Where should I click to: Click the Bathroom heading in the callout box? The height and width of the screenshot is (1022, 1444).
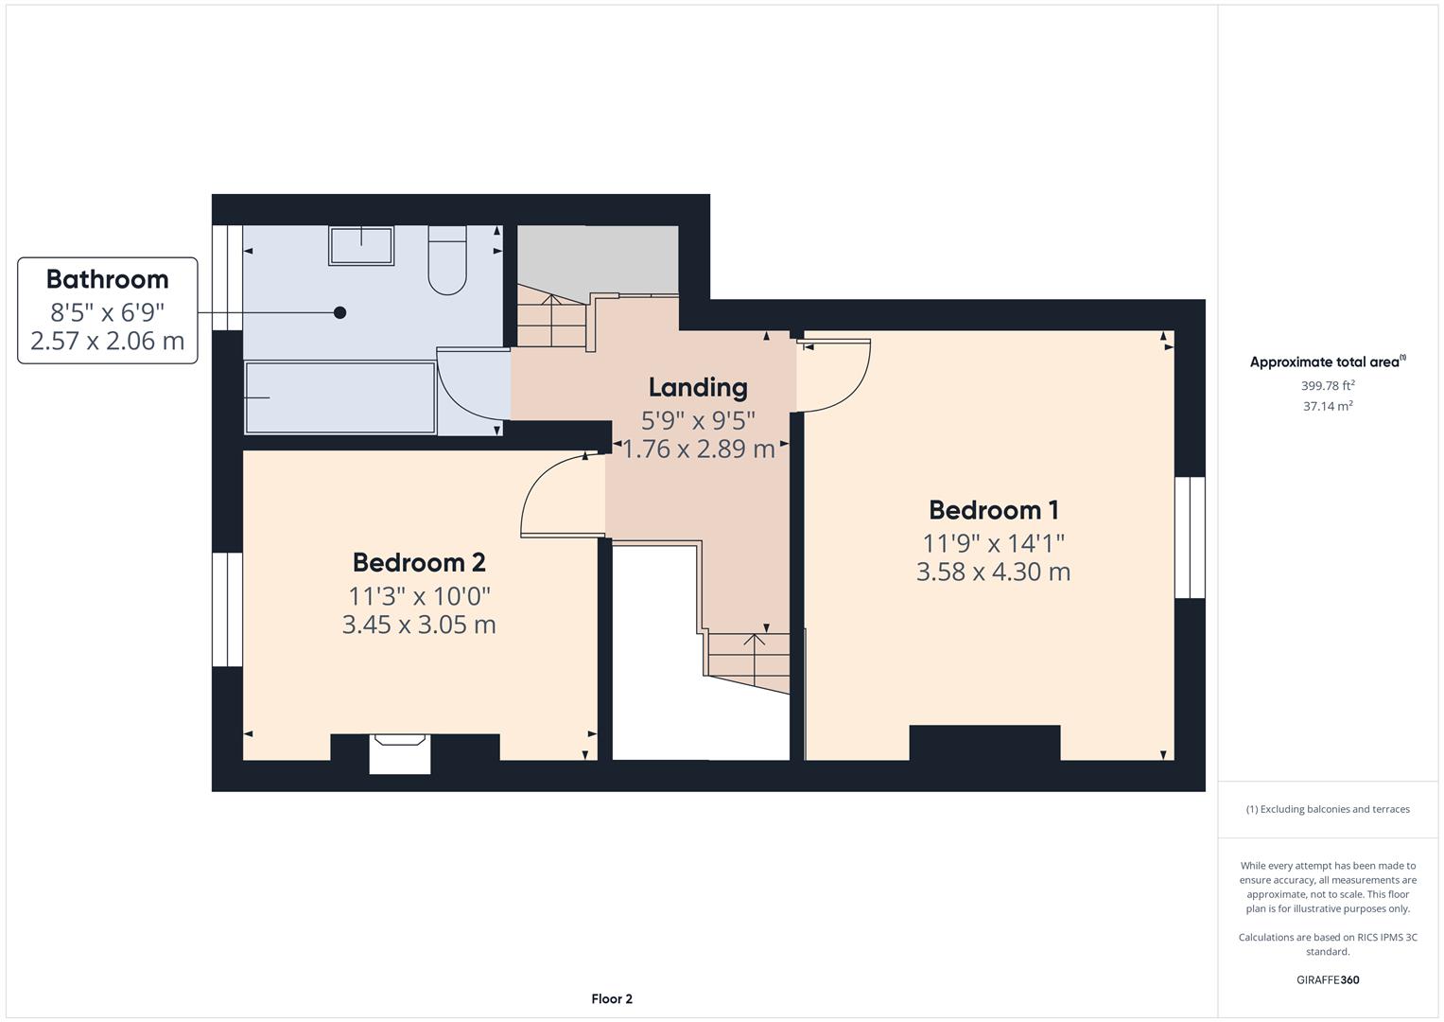[x=107, y=279]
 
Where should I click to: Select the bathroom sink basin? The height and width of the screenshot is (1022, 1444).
[x=361, y=246]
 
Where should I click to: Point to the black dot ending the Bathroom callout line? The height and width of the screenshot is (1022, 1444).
[x=339, y=312]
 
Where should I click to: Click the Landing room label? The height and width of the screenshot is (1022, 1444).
[x=698, y=387]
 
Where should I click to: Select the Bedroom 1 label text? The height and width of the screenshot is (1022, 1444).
[x=993, y=510]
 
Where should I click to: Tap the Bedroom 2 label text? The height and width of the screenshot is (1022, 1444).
[x=419, y=562]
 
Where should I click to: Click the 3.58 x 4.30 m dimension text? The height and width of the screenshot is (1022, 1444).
[x=993, y=572]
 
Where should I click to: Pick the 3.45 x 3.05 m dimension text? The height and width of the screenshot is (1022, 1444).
[x=419, y=625]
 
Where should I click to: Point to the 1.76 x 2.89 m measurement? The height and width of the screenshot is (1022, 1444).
[x=698, y=449]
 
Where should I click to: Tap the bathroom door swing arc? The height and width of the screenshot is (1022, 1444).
[x=463, y=393]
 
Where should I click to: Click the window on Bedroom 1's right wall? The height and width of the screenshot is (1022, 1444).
[x=1190, y=537]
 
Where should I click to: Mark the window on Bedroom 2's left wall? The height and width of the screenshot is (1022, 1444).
[x=227, y=609]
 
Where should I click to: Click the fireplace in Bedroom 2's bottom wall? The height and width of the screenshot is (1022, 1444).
[x=399, y=753]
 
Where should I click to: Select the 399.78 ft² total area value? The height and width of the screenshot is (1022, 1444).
[x=1328, y=385]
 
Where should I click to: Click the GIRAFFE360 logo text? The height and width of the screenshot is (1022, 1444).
[x=1328, y=979]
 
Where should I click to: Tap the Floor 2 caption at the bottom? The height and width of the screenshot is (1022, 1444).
[x=612, y=998]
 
